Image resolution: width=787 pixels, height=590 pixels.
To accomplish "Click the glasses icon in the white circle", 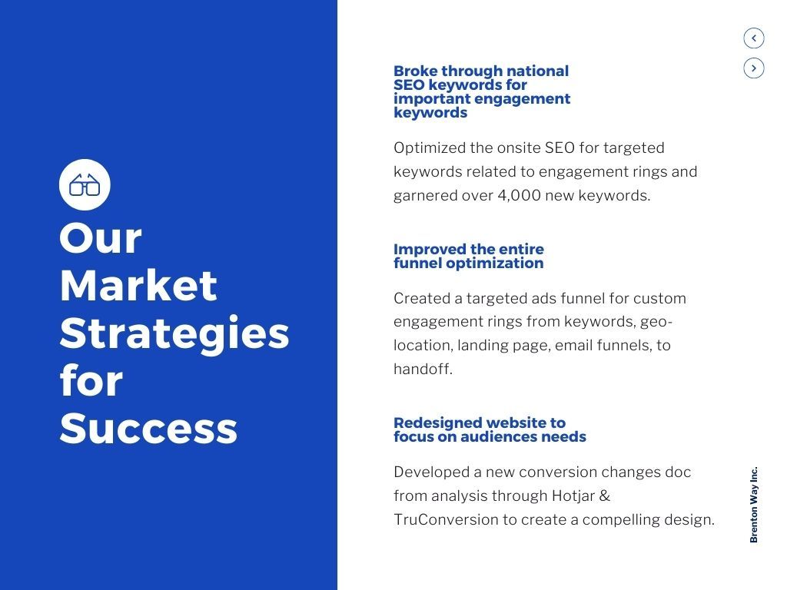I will [85, 185].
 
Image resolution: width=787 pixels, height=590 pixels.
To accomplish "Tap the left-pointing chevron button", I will [754, 38].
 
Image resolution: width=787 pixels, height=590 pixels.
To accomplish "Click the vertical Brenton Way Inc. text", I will [754, 504].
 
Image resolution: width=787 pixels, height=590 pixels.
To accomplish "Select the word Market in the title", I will [138, 285].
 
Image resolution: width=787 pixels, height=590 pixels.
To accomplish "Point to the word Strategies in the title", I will [174, 333].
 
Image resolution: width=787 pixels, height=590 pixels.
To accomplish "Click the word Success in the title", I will [148, 428].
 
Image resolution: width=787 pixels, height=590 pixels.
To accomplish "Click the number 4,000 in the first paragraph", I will [519, 195].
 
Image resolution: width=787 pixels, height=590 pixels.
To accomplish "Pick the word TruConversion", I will [446, 519].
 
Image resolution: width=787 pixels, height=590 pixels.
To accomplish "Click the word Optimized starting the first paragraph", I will [430, 147].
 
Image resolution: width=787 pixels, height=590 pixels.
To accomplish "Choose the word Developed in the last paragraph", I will [430, 472].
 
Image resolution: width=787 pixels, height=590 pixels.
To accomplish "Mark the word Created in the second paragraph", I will [420, 298].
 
